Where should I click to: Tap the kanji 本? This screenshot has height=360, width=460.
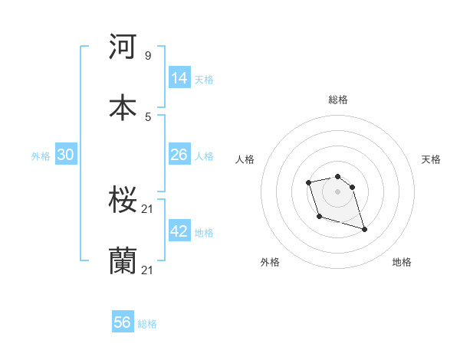[x=123, y=107]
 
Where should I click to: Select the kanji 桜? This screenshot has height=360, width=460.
[x=123, y=201]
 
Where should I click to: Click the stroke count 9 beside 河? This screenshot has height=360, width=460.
[x=148, y=55]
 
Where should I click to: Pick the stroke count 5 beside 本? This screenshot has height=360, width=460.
[x=148, y=116]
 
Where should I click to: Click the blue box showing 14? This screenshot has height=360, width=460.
[x=179, y=77]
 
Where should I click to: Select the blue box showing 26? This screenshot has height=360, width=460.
[x=179, y=155]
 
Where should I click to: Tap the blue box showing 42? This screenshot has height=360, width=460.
[x=179, y=232]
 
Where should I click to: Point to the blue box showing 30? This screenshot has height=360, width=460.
[x=66, y=155]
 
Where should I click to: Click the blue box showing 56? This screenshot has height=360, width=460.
[x=123, y=322]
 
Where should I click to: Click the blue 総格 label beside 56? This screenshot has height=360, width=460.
[x=147, y=324]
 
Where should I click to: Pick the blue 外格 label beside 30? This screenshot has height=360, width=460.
[x=41, y=156]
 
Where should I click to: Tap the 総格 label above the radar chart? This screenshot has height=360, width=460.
[x=338, y=100]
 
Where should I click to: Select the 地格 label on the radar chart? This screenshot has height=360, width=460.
[x=402, y=262]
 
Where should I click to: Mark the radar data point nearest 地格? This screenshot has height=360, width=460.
[x=364, y=229]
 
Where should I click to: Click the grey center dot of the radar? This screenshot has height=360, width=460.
[x=337, y=191]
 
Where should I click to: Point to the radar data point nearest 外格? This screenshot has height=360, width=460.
[x=319, y=216]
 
